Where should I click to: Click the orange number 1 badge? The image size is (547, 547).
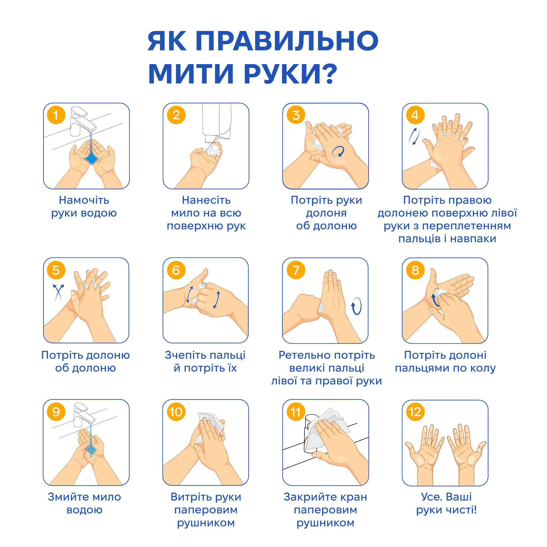pos(56,115)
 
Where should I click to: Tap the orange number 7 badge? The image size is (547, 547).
pos(296,270)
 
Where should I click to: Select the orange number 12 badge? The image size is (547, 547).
pos(415,412)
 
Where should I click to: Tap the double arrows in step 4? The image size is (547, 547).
pos(414,136)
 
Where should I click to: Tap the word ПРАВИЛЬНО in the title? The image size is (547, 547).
pos(287,41)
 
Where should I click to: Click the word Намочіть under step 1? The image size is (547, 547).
pos(84,200)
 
